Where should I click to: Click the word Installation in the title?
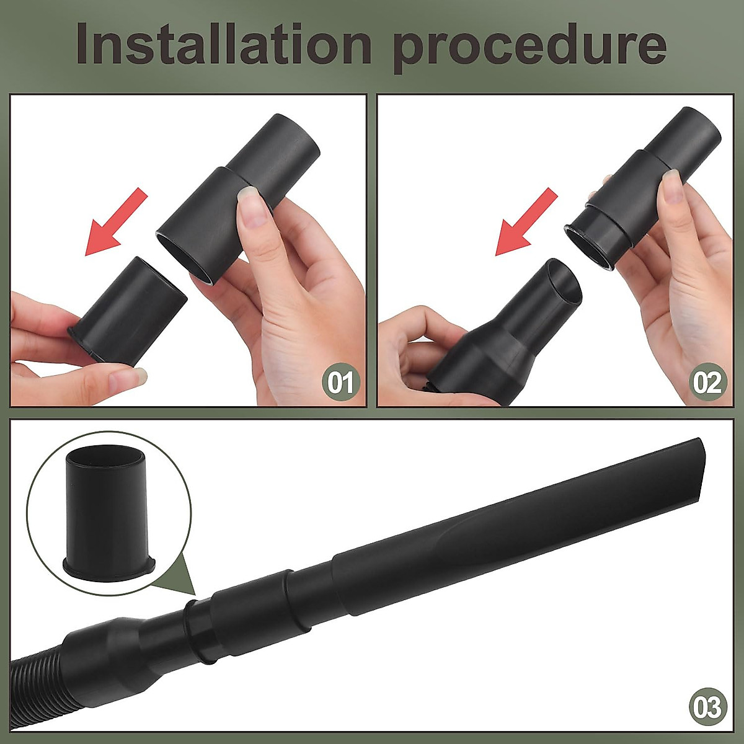click(x=223, y=45)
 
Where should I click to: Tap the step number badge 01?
click(x=340, y=383)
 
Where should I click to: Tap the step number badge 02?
click(x=707, y=383)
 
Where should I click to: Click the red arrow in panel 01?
click(x=116, y=223)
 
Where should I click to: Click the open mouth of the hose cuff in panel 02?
click(x=564, y=282)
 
